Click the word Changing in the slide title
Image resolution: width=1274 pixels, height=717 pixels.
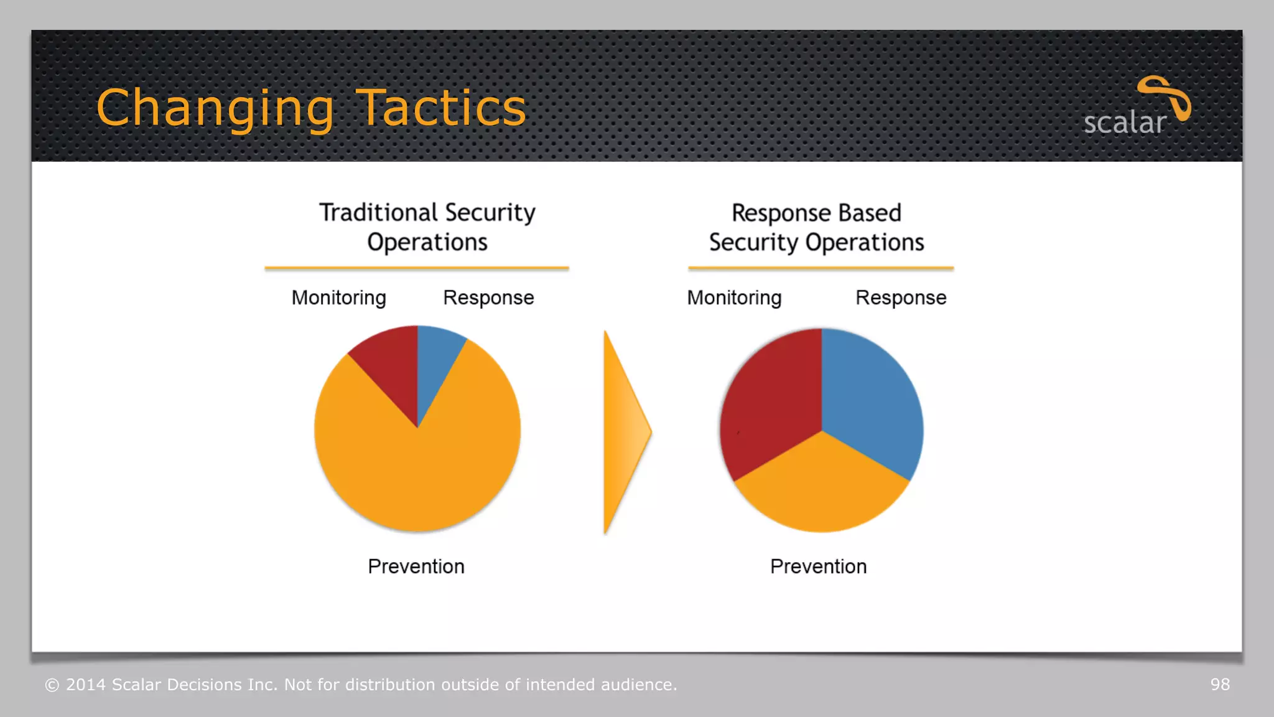click(215, 109)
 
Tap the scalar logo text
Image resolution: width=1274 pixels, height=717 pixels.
click(1124, 123)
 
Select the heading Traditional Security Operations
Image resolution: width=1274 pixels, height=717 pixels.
click(427, 227)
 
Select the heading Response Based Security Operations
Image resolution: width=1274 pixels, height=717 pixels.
click(816, 227)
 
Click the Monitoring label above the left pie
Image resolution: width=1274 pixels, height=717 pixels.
click(339, 298)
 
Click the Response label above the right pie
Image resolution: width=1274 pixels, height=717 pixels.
click(901, 298)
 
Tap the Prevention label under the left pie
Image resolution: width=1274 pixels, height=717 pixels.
click(416, 566)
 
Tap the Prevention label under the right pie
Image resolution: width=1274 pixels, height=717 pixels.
click(818, 566)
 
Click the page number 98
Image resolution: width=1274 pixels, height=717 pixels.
click(1220, 685)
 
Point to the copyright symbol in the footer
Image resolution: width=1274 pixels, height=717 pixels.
click(52, 685)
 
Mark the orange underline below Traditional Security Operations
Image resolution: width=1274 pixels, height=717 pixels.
click(417, 268)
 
